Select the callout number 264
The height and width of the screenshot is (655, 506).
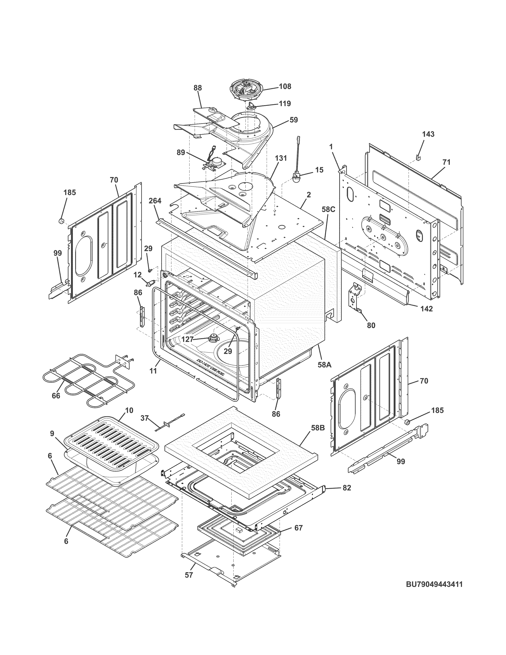click(155, 201)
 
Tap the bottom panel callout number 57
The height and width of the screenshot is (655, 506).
click(189, 575)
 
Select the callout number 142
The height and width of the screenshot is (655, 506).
click(426, 309)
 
